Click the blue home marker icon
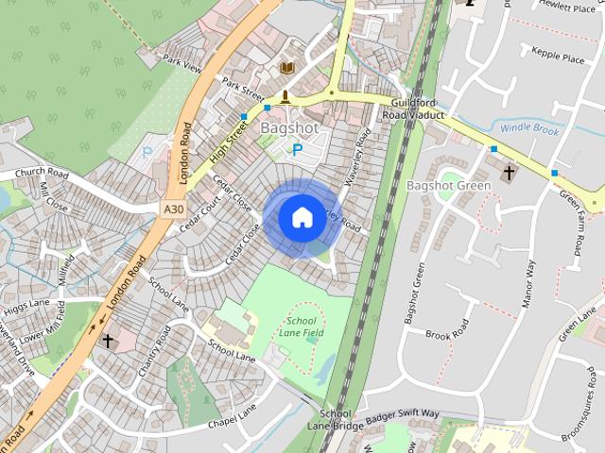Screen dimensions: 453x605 click(x=302, y=218)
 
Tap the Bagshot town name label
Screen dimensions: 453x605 click(x=288, y=127)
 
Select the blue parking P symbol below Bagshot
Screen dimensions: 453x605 click(x=297, y=150)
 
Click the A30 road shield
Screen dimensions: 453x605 click(x=172, y=210)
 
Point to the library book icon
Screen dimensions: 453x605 click(x=287, y=69)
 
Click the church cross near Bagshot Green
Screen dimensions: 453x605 click(x=509, y=173)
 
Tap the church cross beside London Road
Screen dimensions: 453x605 click(x=108, y=340)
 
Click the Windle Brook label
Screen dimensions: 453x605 click(x=530, y=127)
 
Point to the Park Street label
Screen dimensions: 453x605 click(x=242, y=90)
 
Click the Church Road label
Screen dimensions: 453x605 click(x=43, y=174)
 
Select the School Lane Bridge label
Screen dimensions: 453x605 click(x=335, y=420)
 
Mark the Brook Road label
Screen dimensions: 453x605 click(x=447, y=335)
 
